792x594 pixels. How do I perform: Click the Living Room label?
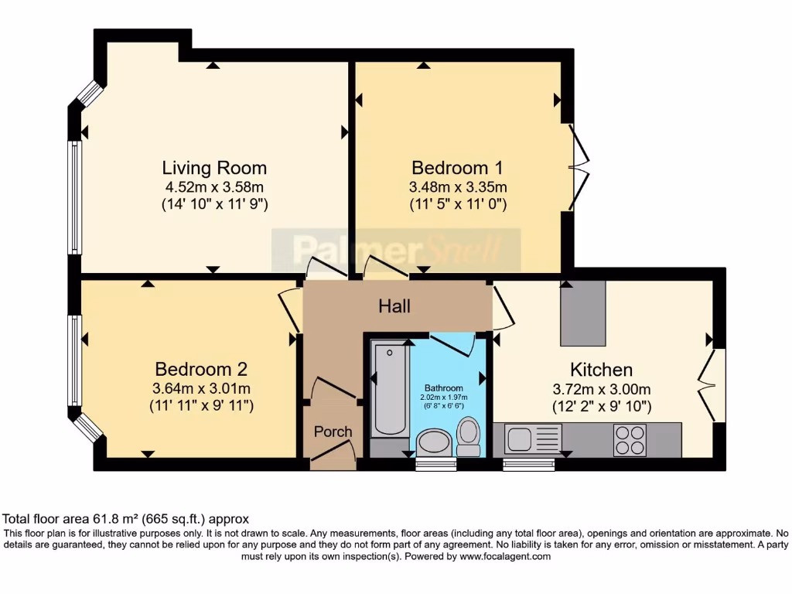(214, 168)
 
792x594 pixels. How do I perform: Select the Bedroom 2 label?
(200, 369)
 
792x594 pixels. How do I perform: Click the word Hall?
(394, 306)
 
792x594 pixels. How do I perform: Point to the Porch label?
(333, 432)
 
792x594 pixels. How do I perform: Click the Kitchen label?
(601, 369)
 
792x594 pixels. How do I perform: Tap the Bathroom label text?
(443, 388)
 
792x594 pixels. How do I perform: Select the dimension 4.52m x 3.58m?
(214, 187)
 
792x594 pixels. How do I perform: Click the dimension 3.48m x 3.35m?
(457, 187)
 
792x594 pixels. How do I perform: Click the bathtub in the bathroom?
(389, 390)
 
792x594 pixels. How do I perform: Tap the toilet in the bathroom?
(468, 435)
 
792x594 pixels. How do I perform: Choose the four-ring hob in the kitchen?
(630, 439)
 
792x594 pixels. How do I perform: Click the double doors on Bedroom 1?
(577, 166)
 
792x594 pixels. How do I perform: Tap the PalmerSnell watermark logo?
(396, 250)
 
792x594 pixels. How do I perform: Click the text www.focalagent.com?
(505, 556)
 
